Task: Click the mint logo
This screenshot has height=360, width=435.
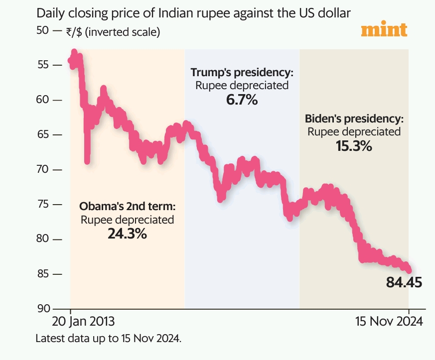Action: [384, 29]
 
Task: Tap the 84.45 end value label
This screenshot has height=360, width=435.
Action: [404, 283]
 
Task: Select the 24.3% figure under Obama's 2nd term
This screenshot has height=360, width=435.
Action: [127, 233]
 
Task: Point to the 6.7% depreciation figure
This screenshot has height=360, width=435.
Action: [242, 100]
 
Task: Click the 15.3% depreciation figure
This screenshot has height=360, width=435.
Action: [354, 146]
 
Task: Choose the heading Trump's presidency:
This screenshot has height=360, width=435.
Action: [242, 72]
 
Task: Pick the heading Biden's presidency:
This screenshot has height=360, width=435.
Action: [354, 119]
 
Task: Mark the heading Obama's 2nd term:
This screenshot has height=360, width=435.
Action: [128, 206]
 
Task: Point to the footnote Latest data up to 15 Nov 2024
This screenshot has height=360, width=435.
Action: [109, 339]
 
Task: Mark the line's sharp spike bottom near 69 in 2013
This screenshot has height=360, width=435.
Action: [87, 160]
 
